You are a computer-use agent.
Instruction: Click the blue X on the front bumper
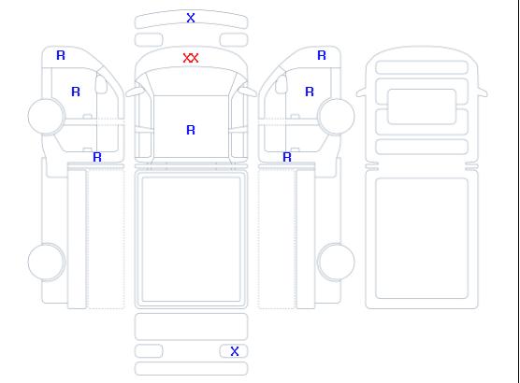coord(191,18)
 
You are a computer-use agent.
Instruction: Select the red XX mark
coord(191,58)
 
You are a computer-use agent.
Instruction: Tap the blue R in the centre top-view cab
coord(191,130)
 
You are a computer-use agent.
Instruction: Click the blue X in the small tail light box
coord(235,351)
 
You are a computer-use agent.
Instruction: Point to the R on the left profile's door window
coord(76,92)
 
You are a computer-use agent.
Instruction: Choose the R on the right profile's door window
coord(310,92)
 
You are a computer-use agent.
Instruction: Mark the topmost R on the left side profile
coord(61,55)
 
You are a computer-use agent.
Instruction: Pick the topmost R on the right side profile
coord(322,55)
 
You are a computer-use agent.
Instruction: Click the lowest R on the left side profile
coord(97,157)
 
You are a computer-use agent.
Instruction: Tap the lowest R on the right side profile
coord(287,157)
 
